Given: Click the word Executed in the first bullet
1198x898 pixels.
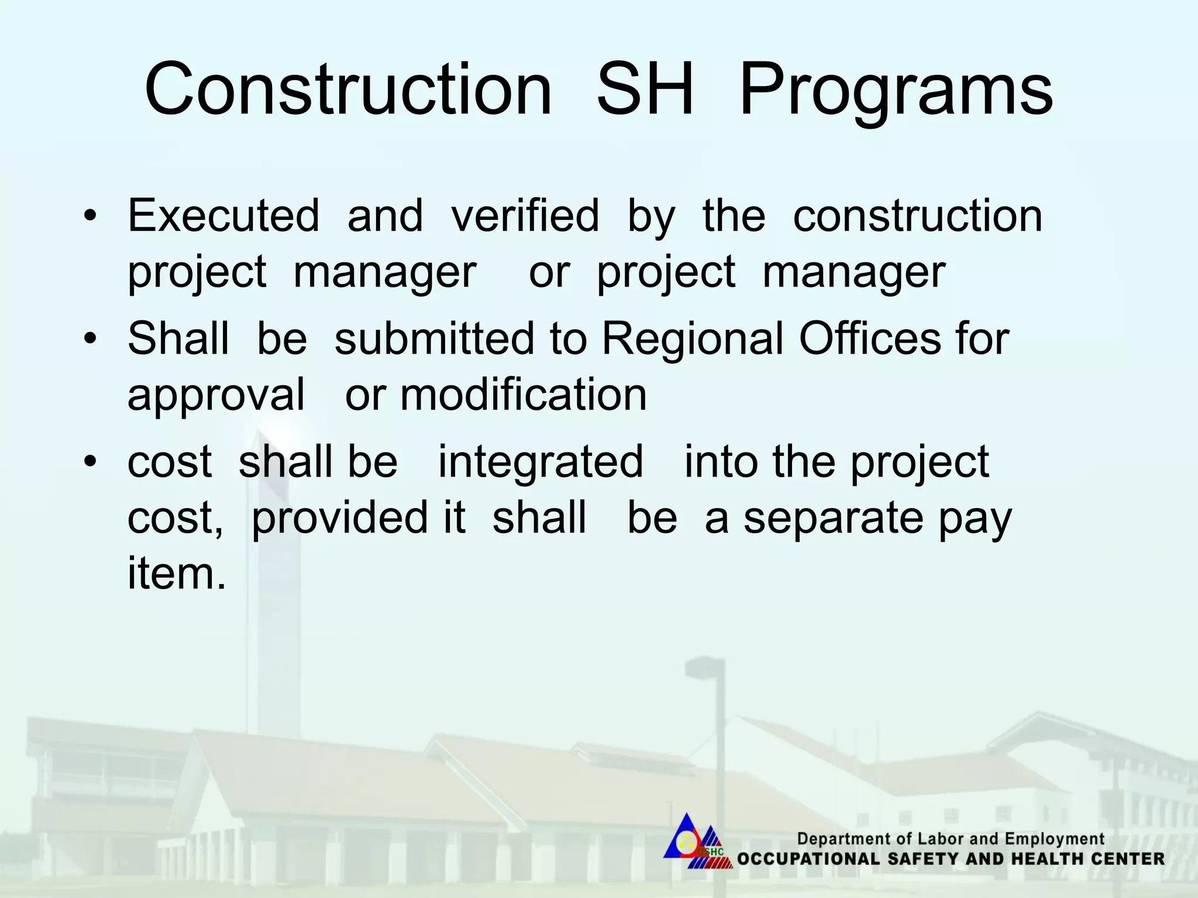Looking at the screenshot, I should point(223,215).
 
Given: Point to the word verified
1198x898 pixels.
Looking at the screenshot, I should point(525,215).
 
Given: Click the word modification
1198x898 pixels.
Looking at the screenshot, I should point(524,395).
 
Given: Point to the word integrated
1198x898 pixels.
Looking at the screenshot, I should point(541,462).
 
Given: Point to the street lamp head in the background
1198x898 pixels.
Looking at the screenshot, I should point(705,664).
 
